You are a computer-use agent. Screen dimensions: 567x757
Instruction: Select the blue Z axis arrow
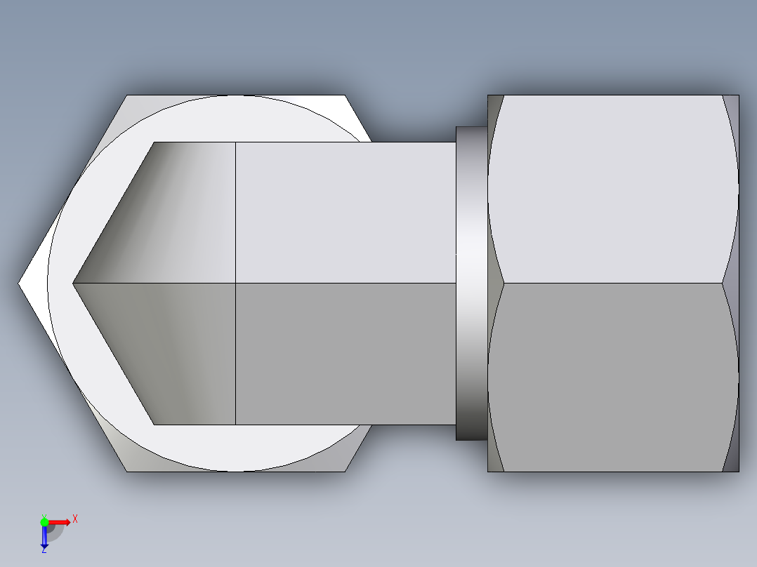click(44, 536)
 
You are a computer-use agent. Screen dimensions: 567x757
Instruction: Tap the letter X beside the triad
click(75, 519)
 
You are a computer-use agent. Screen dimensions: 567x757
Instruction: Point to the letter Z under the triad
click(44, 551)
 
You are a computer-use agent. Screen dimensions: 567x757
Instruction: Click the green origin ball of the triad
click(44, 521)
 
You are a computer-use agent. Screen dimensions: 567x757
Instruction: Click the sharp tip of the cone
click(74, 283)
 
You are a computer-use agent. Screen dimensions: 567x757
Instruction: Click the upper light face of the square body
click(344, 211)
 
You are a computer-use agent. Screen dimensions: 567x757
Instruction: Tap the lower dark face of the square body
click(344, 354)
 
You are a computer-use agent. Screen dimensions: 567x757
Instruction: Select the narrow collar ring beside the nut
click(471, 283)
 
